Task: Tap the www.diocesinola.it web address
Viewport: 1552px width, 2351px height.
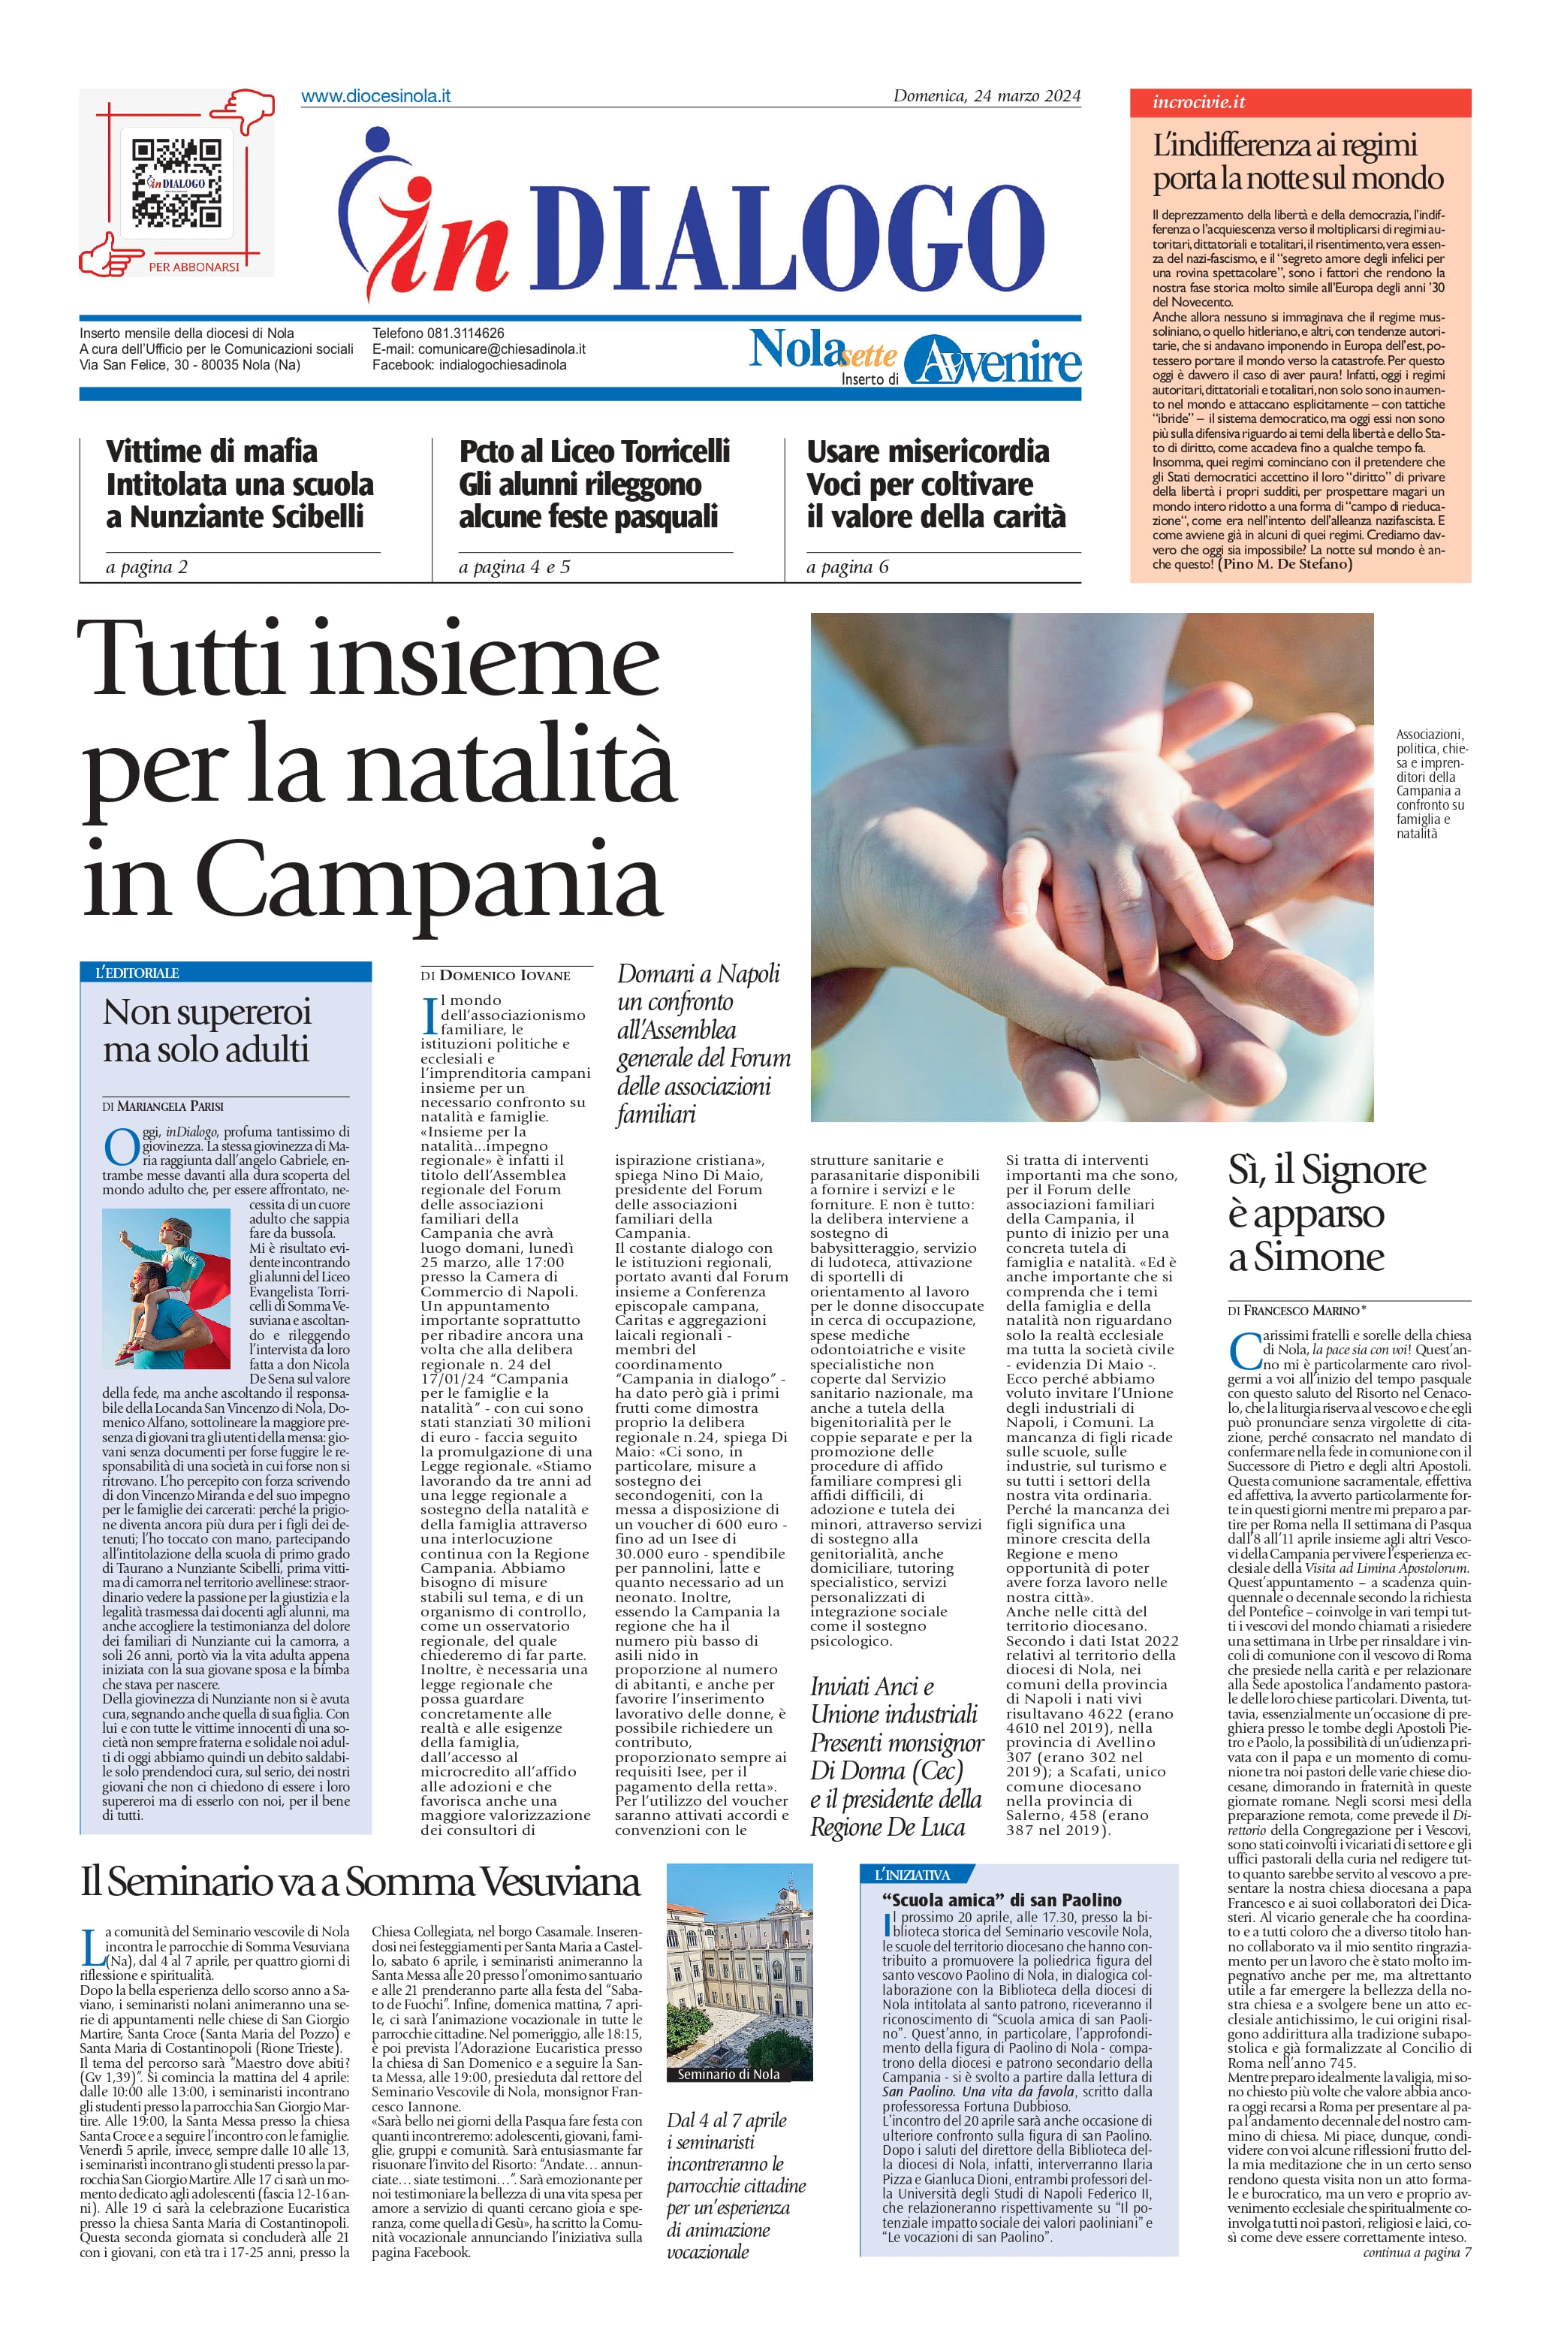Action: tap(375, 96)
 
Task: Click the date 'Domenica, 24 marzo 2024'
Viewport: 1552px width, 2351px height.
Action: tap(986, 96)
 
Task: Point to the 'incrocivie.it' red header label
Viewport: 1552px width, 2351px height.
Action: tap(1198, 102)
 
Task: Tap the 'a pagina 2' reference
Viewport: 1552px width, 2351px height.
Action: tap(146, 567)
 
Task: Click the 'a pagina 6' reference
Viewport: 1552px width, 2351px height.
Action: tap(847, 567)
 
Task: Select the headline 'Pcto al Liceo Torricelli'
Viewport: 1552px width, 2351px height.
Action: tap(594, 451)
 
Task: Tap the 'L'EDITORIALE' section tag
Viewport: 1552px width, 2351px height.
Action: tap(137, 973)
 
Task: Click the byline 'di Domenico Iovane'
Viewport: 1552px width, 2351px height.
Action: tap(495, 976)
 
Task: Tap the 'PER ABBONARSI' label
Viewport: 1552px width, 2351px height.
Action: tap(194, 267)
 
